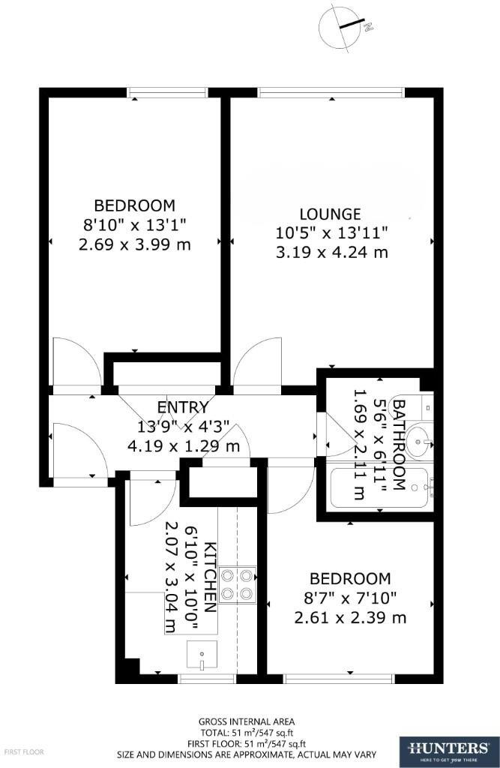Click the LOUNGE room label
tap(330, 214)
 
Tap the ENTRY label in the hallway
tap(182, 407)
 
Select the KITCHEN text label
tap(211, 576)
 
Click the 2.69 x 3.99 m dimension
tap(134, 244)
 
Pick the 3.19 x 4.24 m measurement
tap(331, 252)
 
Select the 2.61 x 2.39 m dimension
tap(350, 618)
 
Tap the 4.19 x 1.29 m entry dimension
tap(183, 446)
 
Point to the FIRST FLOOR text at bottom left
tap(25, 751)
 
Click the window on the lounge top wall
tap(331, 92)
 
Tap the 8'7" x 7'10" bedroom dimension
tap(350, 598)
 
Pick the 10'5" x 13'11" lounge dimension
tap(331, 233)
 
